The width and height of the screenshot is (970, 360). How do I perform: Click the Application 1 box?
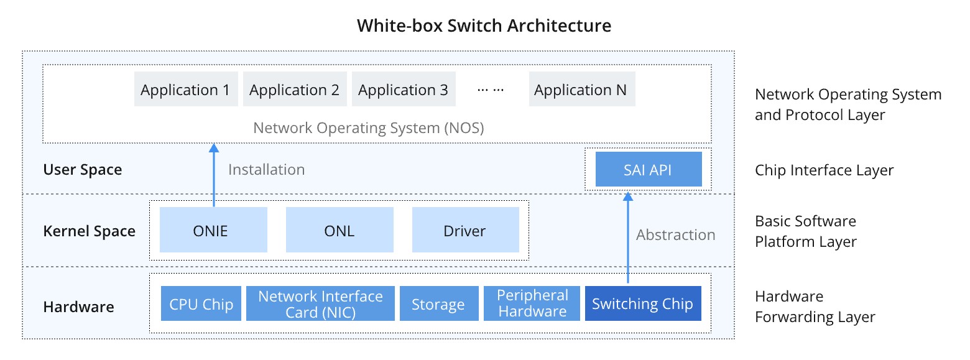[185, 90]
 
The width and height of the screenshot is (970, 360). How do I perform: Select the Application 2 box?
[294, 90]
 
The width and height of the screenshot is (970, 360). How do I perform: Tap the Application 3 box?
[403, 90]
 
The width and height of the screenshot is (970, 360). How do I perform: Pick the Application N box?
[580, 90]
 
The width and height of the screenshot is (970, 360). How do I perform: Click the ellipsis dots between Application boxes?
[491, 90]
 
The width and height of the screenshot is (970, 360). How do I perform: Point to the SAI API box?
[648, 170]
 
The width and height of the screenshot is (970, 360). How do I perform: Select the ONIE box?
[213, 231]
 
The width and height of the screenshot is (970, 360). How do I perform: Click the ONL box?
[339, 231]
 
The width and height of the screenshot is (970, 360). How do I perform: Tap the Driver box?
[465, 231]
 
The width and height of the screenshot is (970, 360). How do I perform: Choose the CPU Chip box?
[201, 304]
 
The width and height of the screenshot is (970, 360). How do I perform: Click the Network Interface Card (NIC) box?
[320, 304]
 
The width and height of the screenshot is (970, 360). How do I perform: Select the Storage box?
[438, 304]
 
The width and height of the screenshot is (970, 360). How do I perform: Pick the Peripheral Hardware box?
[532, 304]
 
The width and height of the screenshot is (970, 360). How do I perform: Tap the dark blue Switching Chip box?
[642, 304]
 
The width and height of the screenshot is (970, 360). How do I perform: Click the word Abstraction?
[675, 235]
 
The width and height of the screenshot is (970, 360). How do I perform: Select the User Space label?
[83, 170]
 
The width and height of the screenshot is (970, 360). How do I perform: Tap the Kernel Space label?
[89, 231]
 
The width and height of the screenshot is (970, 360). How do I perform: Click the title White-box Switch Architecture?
[484, 25]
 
